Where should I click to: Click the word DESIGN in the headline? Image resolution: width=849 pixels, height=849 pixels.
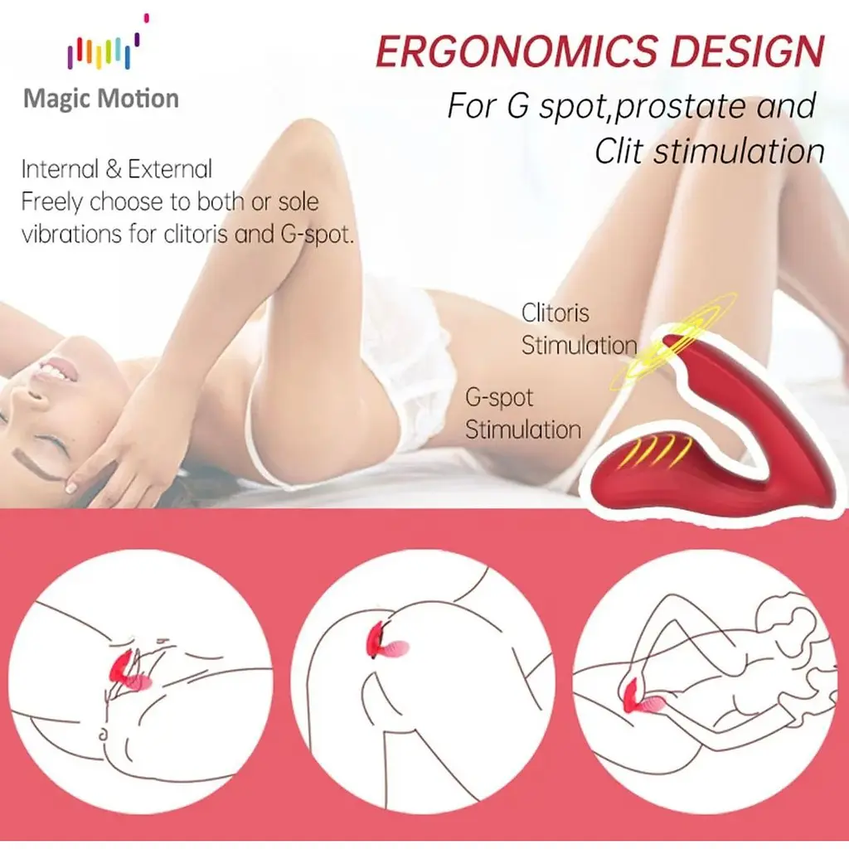[747, 51]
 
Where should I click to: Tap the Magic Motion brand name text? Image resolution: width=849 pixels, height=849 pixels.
[101, 99]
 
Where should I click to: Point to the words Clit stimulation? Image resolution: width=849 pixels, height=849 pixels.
[710, 151]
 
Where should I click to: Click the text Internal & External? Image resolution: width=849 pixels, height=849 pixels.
[117, 169]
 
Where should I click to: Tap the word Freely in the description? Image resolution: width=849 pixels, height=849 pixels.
[52, 202]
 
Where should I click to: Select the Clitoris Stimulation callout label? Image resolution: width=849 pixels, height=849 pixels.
[579, 329]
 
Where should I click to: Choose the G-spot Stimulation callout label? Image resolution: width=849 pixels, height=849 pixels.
[523, 414]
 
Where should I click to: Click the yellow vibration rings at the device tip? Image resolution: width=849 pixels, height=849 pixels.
[674, 341]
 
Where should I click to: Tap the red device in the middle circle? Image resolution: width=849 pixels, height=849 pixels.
[386, 643]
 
